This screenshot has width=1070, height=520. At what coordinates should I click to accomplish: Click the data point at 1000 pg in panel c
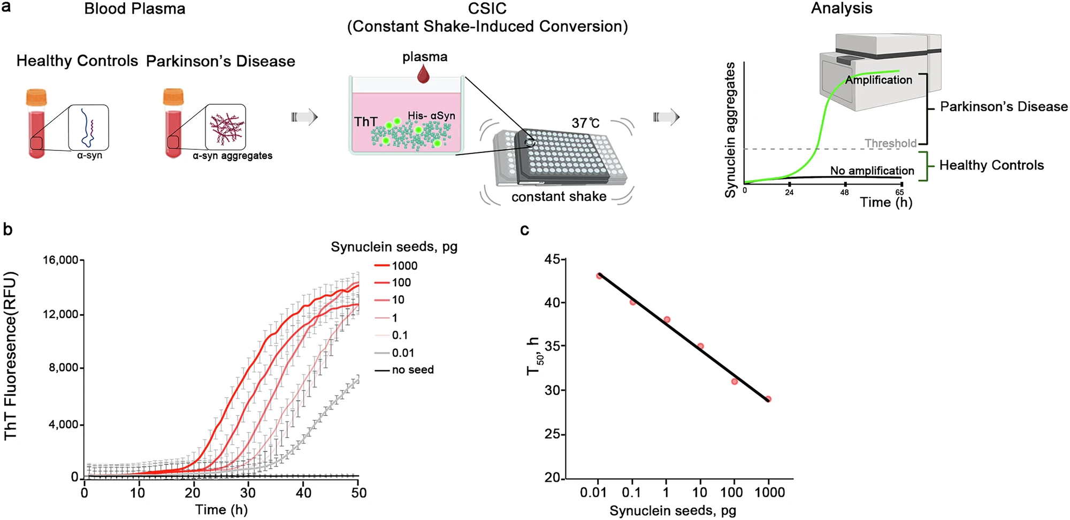pos(768,399)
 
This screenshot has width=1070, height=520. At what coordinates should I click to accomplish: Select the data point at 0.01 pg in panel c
pos(599,276)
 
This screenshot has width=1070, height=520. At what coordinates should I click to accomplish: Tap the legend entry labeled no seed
pos(412,370)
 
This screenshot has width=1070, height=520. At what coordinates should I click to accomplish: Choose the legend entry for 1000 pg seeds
pos(404,266)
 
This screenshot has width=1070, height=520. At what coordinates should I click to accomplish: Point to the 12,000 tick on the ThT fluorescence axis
pos(60,315)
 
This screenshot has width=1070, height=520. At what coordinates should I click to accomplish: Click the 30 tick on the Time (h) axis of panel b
pos(248,493)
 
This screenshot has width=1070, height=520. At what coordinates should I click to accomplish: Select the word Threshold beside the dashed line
pos(890,143)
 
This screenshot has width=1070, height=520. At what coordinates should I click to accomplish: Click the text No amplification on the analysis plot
pos(872,171)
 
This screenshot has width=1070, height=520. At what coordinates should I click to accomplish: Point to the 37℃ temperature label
pos(585,123)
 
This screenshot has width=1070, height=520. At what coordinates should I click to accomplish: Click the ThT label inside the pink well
pos(365,122)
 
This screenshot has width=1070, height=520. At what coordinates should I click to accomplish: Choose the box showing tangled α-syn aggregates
pos(225,127)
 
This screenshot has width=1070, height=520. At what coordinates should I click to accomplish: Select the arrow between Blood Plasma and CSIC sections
pos(305,117)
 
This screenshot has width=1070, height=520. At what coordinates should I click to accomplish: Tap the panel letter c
pos(524,230)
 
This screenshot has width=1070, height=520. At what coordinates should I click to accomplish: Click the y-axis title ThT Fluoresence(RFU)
pos(11,356)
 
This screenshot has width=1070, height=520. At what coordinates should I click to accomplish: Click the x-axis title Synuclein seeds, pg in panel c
pos(672,510)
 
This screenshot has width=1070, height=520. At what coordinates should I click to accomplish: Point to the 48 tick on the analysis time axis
pos(844,192)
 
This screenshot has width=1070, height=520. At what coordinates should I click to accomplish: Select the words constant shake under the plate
pos(559,197)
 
